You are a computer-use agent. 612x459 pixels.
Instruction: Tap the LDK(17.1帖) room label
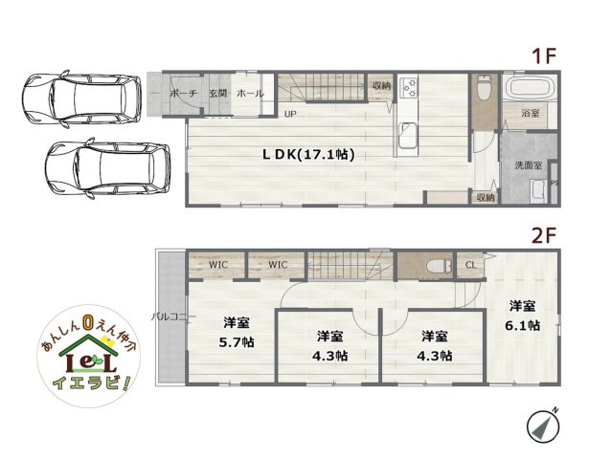point(296,154)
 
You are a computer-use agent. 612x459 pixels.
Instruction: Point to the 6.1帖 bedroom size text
point(522,325)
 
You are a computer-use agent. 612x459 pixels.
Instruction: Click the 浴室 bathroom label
point(530,113)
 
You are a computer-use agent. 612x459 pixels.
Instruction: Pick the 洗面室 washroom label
point(530,165)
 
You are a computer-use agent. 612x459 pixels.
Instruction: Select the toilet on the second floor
point(439,264)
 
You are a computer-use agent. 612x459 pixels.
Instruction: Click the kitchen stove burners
point(409,88)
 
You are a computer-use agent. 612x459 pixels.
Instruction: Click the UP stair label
point(289,113)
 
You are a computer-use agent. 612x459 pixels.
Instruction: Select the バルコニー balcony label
point(172,316)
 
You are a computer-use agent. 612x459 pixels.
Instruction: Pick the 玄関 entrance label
point(216,94)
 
